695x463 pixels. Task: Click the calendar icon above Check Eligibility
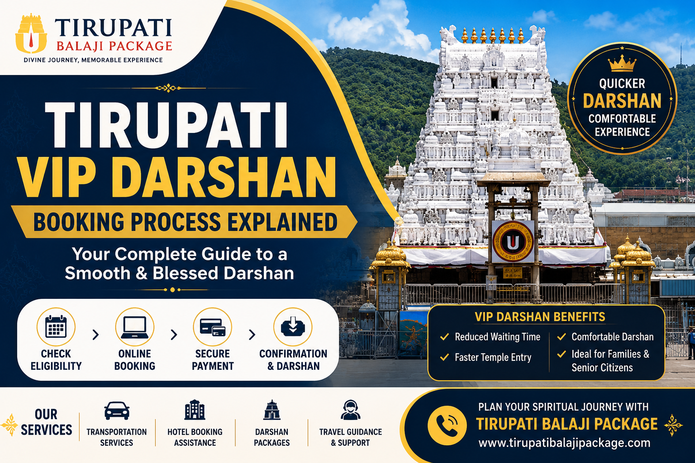tap(56, 326)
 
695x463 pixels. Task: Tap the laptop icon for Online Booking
tap(135, 327)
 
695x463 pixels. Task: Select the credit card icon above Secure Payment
tap(213, 327)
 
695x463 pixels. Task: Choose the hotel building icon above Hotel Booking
tap(195, 410)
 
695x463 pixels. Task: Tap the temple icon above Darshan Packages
tap(272, 410)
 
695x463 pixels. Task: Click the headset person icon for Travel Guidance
tap(350, 410)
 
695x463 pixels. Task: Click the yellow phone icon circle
tap(447, 425)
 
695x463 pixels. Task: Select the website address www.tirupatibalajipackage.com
tap(564, 443)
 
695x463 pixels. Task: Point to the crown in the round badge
tap(622, 63)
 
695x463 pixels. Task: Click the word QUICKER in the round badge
tap(622, 83)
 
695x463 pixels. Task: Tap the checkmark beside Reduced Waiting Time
tap(444, 336)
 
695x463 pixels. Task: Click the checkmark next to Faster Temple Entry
tap(444, 357)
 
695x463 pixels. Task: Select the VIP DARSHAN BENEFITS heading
tap(540, 317)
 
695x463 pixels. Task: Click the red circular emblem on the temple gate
tap(513, 241)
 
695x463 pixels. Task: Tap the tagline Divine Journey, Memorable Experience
tap(93, 60)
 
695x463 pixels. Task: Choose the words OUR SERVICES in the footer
tap(47, 422)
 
